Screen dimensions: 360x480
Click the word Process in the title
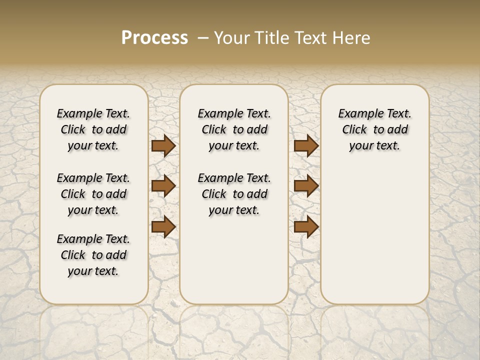(x=154, y=37)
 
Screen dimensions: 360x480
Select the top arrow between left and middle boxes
(x=163, y=145)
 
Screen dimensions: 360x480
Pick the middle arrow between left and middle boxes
(x=163, y=186)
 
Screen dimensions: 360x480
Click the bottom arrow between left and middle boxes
(x=163, y=227)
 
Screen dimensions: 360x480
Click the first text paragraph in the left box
(x=93, y=129)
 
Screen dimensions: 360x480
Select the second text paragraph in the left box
(x=93, y=194)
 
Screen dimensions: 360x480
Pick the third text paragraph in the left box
(x=93, y=255)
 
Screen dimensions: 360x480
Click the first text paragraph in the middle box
(x=234, y=129)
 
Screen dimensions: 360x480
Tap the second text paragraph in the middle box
(x=234, y=194)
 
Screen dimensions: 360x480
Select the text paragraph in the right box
(x=374, y=129)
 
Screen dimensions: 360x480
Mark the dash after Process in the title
(x=203, y=37)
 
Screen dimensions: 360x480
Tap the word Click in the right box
(x=355, y=130)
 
